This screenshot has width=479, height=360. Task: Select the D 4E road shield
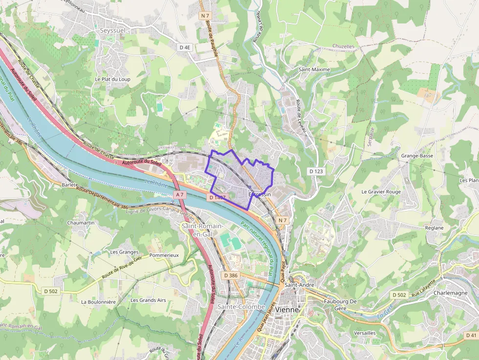point(185,47)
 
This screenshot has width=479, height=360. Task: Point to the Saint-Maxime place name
point(314,69)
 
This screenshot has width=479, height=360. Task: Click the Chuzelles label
point(343,46)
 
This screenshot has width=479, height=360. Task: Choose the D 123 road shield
point(316,171)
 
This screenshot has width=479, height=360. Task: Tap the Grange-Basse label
point(417,156)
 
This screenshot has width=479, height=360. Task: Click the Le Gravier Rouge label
point(381,191)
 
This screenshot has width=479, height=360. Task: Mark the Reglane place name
point(434,228)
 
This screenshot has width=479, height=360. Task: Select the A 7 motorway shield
point(180,194)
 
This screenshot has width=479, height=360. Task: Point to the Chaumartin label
point(81,222)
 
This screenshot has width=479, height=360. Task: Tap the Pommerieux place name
point(164,255)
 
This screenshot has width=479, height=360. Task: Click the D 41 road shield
point(471,335)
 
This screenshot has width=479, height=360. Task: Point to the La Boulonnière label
point(98,302)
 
